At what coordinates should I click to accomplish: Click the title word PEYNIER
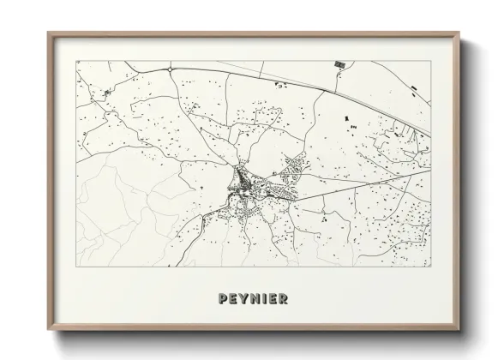pos(252,297)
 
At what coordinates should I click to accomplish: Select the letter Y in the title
pos(243,297)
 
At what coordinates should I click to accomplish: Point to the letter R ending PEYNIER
pos(281,297)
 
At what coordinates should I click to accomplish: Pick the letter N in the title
pos(254,297)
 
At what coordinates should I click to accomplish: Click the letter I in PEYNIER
pos(262,297)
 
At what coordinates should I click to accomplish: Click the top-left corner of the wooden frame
pos(49,33)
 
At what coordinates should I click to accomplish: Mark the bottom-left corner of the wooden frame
pos(49,329)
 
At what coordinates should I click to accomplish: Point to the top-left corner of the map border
pos(76,60)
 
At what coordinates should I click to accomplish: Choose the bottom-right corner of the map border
pos(431,267)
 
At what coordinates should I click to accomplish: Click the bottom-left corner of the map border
pos(76,267)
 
